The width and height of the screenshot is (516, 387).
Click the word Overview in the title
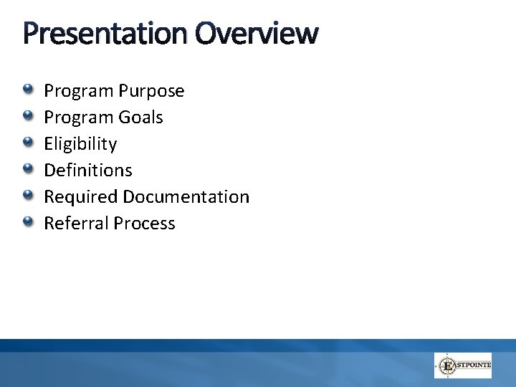pyautogui.click(x=254, y=33)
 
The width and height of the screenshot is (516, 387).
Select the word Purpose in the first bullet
pyautogui.click(x=153, y=92)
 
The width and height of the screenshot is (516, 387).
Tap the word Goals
pyautogui.click(x=142, y=118)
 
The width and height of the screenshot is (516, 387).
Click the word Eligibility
pyautogui.click(x=80, y=144)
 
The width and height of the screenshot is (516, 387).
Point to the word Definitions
pyautogui.click(x=88, y=171)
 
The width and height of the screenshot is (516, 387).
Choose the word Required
pyautogui.click(x=81, y=197)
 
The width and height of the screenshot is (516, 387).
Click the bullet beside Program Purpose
pyautogui.click(x=27, y=90)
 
